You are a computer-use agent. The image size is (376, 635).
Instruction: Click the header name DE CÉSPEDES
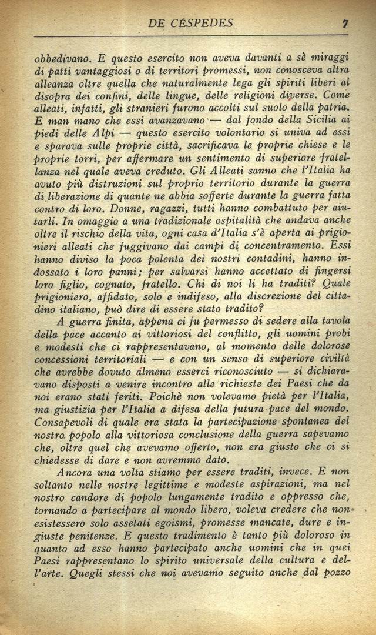190,24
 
